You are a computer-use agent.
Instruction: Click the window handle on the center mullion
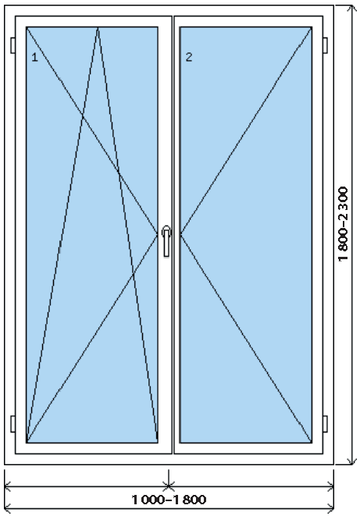166,241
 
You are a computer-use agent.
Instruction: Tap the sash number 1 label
34,58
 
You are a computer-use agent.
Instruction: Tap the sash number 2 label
188,57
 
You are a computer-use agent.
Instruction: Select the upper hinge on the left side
12,45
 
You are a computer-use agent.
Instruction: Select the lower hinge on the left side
12,424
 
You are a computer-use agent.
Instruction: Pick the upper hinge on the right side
325,45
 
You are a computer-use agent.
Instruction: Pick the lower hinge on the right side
325,424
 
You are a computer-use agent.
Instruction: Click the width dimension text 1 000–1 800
169,500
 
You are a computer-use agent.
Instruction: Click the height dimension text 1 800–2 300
343,224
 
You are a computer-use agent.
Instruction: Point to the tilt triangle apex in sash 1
98,27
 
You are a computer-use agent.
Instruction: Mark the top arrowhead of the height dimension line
352,6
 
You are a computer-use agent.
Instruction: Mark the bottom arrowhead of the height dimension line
352,462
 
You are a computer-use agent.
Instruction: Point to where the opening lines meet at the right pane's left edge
180,234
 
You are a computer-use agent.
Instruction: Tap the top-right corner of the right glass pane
312,27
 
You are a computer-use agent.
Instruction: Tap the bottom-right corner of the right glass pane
312,443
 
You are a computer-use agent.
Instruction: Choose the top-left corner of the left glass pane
27,27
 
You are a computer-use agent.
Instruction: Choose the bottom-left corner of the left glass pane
27,443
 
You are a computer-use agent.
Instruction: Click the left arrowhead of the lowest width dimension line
6,507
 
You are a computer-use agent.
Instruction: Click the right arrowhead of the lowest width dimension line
332,507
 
